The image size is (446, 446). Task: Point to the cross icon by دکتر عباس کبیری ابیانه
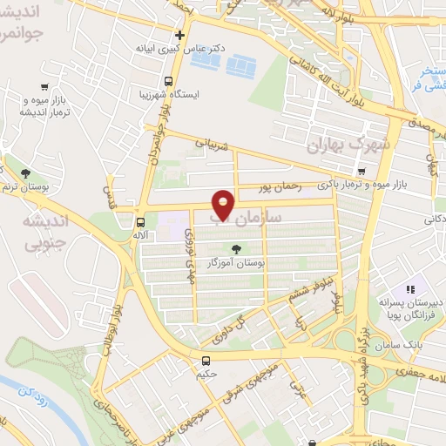point(179,36)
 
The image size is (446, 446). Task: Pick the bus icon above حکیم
point(206,361)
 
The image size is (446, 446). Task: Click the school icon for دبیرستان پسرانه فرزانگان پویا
point(408,289)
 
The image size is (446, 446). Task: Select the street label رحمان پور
point(278,186)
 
